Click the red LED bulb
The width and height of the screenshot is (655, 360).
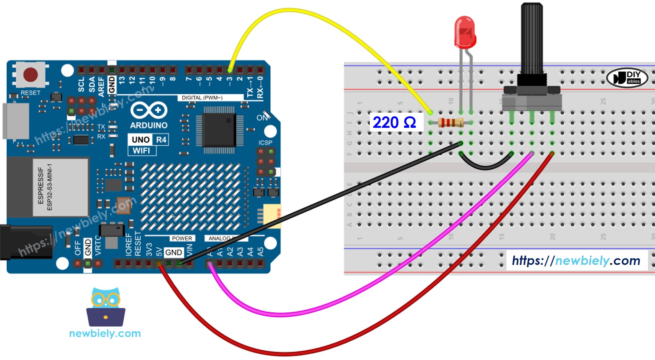[x=465, y=33]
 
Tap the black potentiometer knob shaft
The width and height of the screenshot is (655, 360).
[x=532, y=37]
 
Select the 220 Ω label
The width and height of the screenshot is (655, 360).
[x=394, y=122]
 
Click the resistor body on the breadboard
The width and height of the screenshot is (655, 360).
[x=450, y=122]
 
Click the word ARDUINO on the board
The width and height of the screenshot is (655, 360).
[x=149, y=125]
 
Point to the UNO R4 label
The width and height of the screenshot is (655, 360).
[x=149, y=140]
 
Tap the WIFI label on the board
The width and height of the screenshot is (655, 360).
[x=141, y=150]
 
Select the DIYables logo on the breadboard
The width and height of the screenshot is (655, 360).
[x=627, y=78]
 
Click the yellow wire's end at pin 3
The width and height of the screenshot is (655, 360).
[x=230, y=70]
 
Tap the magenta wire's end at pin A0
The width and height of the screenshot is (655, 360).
[x=210, y=264]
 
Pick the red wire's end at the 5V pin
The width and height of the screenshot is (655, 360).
[x=159, y=264]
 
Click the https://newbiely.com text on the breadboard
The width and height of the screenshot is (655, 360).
[x=576, y=260]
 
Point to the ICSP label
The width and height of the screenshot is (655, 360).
[x=265, y=143]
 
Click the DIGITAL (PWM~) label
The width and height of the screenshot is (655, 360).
[x=202, y=98]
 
